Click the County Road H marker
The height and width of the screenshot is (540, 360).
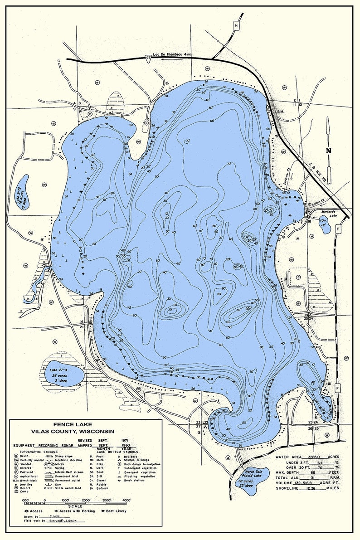point(236,25)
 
